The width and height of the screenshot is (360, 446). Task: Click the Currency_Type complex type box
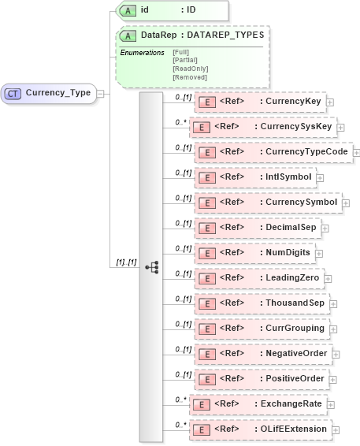point(49,93)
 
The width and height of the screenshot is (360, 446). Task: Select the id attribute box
point(172,10)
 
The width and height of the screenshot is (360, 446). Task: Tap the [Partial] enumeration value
point(184,59)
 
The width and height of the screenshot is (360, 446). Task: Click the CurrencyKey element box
point(258,102)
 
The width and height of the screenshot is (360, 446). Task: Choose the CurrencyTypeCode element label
point(305,152)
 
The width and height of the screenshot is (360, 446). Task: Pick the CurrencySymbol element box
point(267,203)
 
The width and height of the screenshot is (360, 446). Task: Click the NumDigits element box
point(254,253)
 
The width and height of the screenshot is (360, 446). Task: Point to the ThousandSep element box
point(260,303)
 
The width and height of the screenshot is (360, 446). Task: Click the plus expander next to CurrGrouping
point(334,329)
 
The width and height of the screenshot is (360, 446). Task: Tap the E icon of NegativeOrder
point(205,354)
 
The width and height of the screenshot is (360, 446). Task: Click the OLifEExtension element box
point(261,429)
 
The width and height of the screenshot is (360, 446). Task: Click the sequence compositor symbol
point(151,266)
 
